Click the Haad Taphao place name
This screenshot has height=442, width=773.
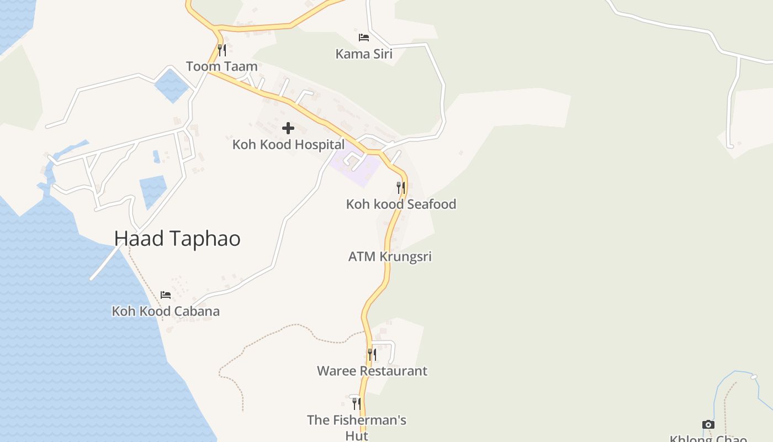tap(177, 239)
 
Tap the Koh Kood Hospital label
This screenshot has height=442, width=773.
tap(288, 145)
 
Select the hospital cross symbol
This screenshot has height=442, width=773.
tap(288, 129)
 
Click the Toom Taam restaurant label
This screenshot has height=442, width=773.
tap(221, 66)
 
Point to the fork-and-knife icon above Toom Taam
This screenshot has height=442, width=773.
tap(221, 50)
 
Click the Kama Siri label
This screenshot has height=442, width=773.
tap(364, 54)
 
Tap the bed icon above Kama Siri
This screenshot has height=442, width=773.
tap(364, 38)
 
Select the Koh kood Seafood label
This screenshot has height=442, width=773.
tap(401, 204)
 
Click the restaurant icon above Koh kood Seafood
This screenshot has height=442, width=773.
tap(401, 188)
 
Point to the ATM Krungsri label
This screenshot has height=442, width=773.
tap(390, 256)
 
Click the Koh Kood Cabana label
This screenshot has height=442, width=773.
tap(166, 311)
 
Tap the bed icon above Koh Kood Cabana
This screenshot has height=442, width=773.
tap(166, 295)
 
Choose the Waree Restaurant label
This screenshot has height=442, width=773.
tap(372, 371)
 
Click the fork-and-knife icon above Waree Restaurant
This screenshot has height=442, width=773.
tap(372, 355)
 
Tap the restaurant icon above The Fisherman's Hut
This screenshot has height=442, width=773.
tap(357, 404)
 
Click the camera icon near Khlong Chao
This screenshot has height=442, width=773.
tap(708, 424)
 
